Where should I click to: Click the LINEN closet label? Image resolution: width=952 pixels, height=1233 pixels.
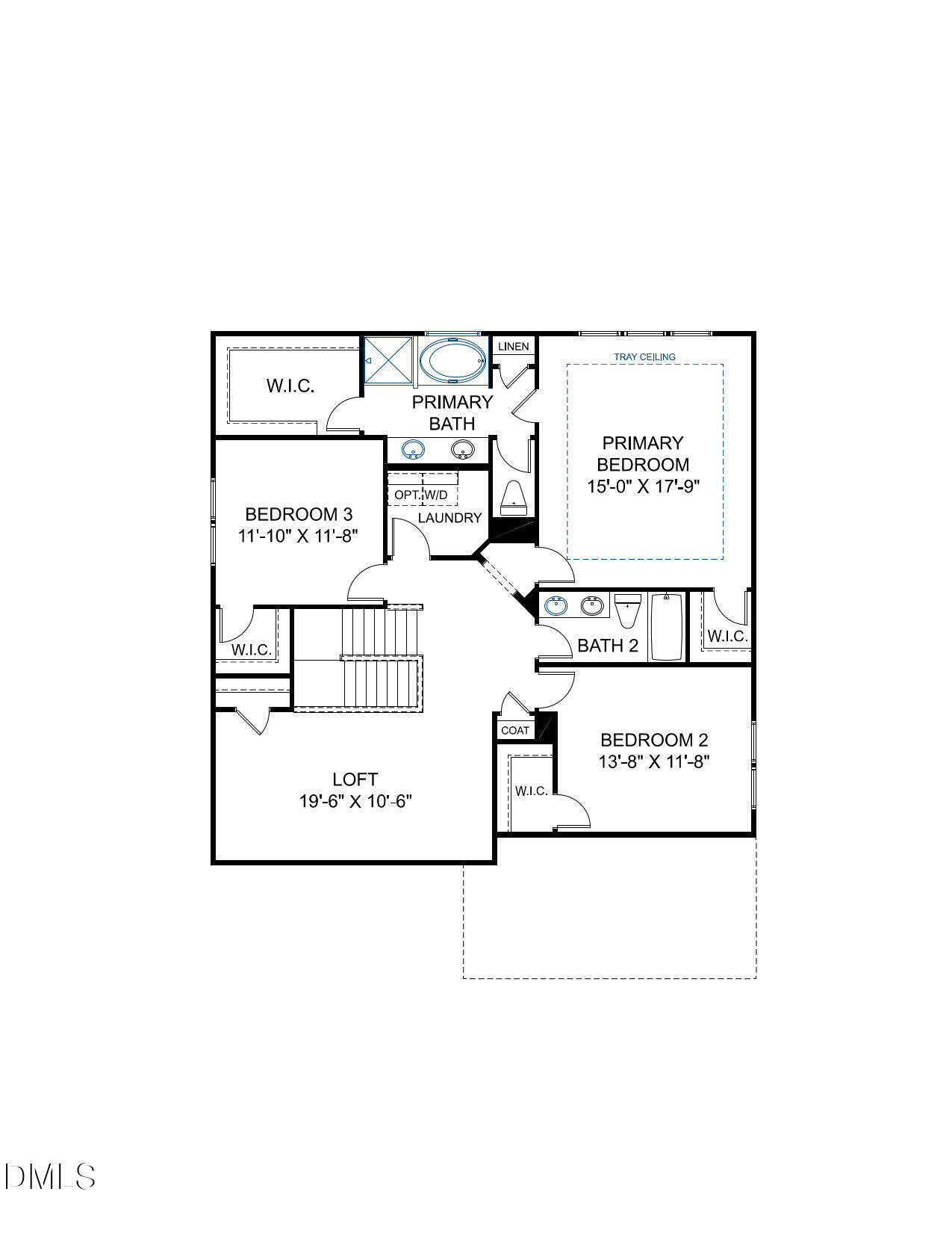coord(513,347)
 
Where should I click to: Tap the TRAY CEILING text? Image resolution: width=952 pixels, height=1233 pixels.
coord(644,357)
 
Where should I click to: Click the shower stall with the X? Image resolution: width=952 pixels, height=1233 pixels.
coord(388,361)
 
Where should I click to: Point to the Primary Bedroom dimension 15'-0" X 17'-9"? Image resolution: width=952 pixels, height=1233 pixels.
coord(643,486)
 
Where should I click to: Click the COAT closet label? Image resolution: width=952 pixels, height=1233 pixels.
coord(515,730)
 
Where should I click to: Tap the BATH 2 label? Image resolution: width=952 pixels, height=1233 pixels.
coord(608,646)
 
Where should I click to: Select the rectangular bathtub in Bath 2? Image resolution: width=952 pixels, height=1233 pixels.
coord(667,626)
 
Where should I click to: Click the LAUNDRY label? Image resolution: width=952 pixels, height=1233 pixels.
coord(449,518)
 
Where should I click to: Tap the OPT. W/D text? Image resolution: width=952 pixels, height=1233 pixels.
coord(421,495)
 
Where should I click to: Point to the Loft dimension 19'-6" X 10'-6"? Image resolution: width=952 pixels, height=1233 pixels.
coord(355,801)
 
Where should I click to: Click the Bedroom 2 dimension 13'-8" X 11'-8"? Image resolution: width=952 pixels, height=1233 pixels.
coord(653,762)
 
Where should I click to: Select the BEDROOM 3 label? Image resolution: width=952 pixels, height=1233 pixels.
coord(299,514)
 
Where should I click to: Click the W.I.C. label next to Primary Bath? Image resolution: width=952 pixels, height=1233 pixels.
coord(290,386)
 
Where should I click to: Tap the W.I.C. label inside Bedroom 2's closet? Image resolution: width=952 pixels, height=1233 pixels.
coord(532,791)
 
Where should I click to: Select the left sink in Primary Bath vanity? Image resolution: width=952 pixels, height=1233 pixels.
coord(412,450)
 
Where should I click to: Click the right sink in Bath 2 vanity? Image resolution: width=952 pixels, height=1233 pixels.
coord(593,606)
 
